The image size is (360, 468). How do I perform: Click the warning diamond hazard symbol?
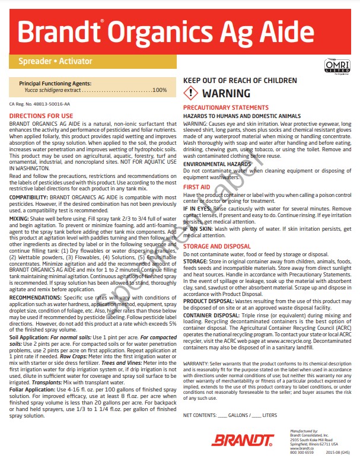[191, 93]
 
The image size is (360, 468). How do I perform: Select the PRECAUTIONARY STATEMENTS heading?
[225, 107]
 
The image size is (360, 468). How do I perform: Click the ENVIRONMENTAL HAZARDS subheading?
[217, 163]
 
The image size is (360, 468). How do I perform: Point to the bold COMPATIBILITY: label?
[28, 196]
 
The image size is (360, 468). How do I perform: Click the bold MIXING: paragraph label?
[21, 218]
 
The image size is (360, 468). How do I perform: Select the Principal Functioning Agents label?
[56, 84]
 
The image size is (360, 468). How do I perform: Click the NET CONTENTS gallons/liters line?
[230, 398]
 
